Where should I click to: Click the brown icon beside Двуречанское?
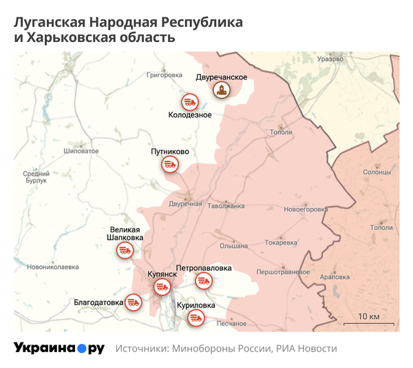222,90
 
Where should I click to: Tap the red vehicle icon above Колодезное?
189,102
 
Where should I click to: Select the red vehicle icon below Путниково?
170,164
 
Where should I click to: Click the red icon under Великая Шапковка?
125,252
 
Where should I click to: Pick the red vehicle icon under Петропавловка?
203,280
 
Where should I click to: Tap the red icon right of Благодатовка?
134,302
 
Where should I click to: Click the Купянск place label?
162,274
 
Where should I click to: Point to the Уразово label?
330,59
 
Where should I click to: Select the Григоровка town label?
165,74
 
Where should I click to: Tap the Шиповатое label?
76,150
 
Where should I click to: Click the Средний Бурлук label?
36,178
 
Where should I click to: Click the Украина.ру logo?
59,349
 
